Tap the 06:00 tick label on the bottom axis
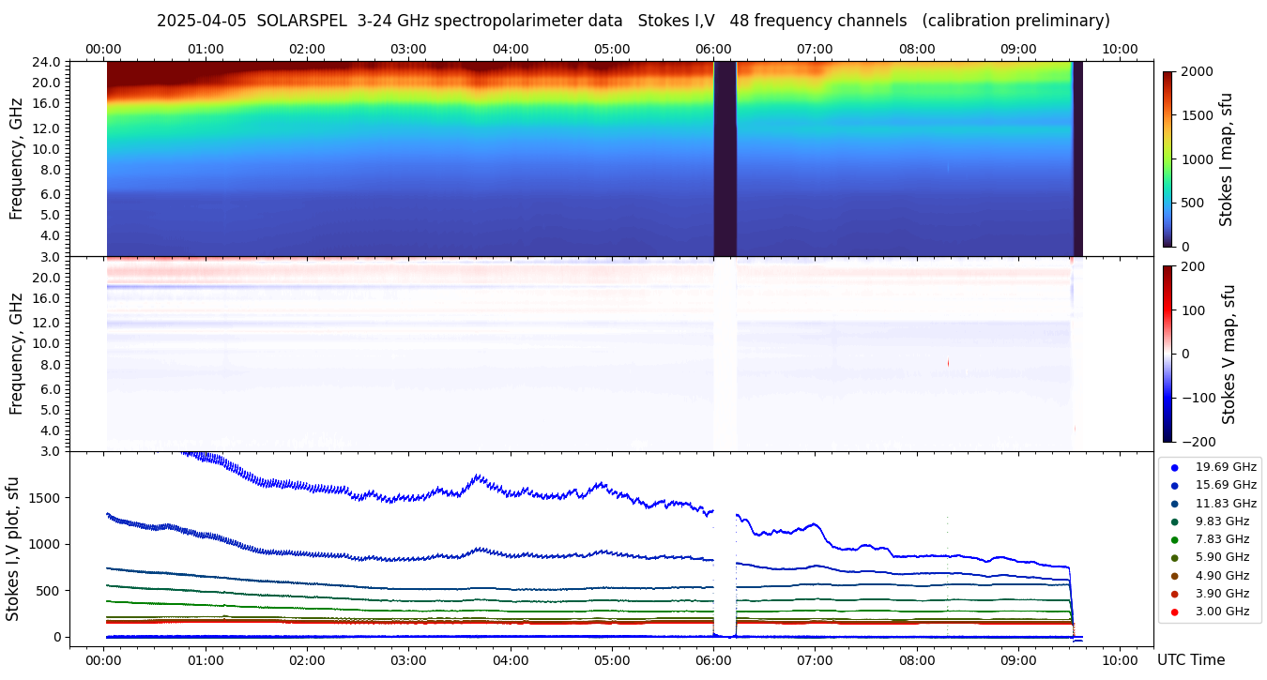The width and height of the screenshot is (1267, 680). [x=713, y=660]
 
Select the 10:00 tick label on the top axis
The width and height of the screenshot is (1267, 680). [x=1120, y=49]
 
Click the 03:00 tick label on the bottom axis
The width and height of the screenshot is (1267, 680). [x=408, y=660]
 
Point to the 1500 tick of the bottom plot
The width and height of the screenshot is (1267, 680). [x=46, y=498]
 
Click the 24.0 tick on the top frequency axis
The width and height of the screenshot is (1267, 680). [x=48, y=62]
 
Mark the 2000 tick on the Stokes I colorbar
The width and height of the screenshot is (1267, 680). [x=1197, y=71]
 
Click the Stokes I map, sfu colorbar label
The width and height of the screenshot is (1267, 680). [x=1227, y=159]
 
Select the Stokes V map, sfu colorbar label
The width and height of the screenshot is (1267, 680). [x=1229, y=354]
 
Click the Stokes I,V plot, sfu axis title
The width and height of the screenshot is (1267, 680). [x=13, y=549]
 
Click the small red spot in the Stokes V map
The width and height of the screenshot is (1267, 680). [x=949, y=362]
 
